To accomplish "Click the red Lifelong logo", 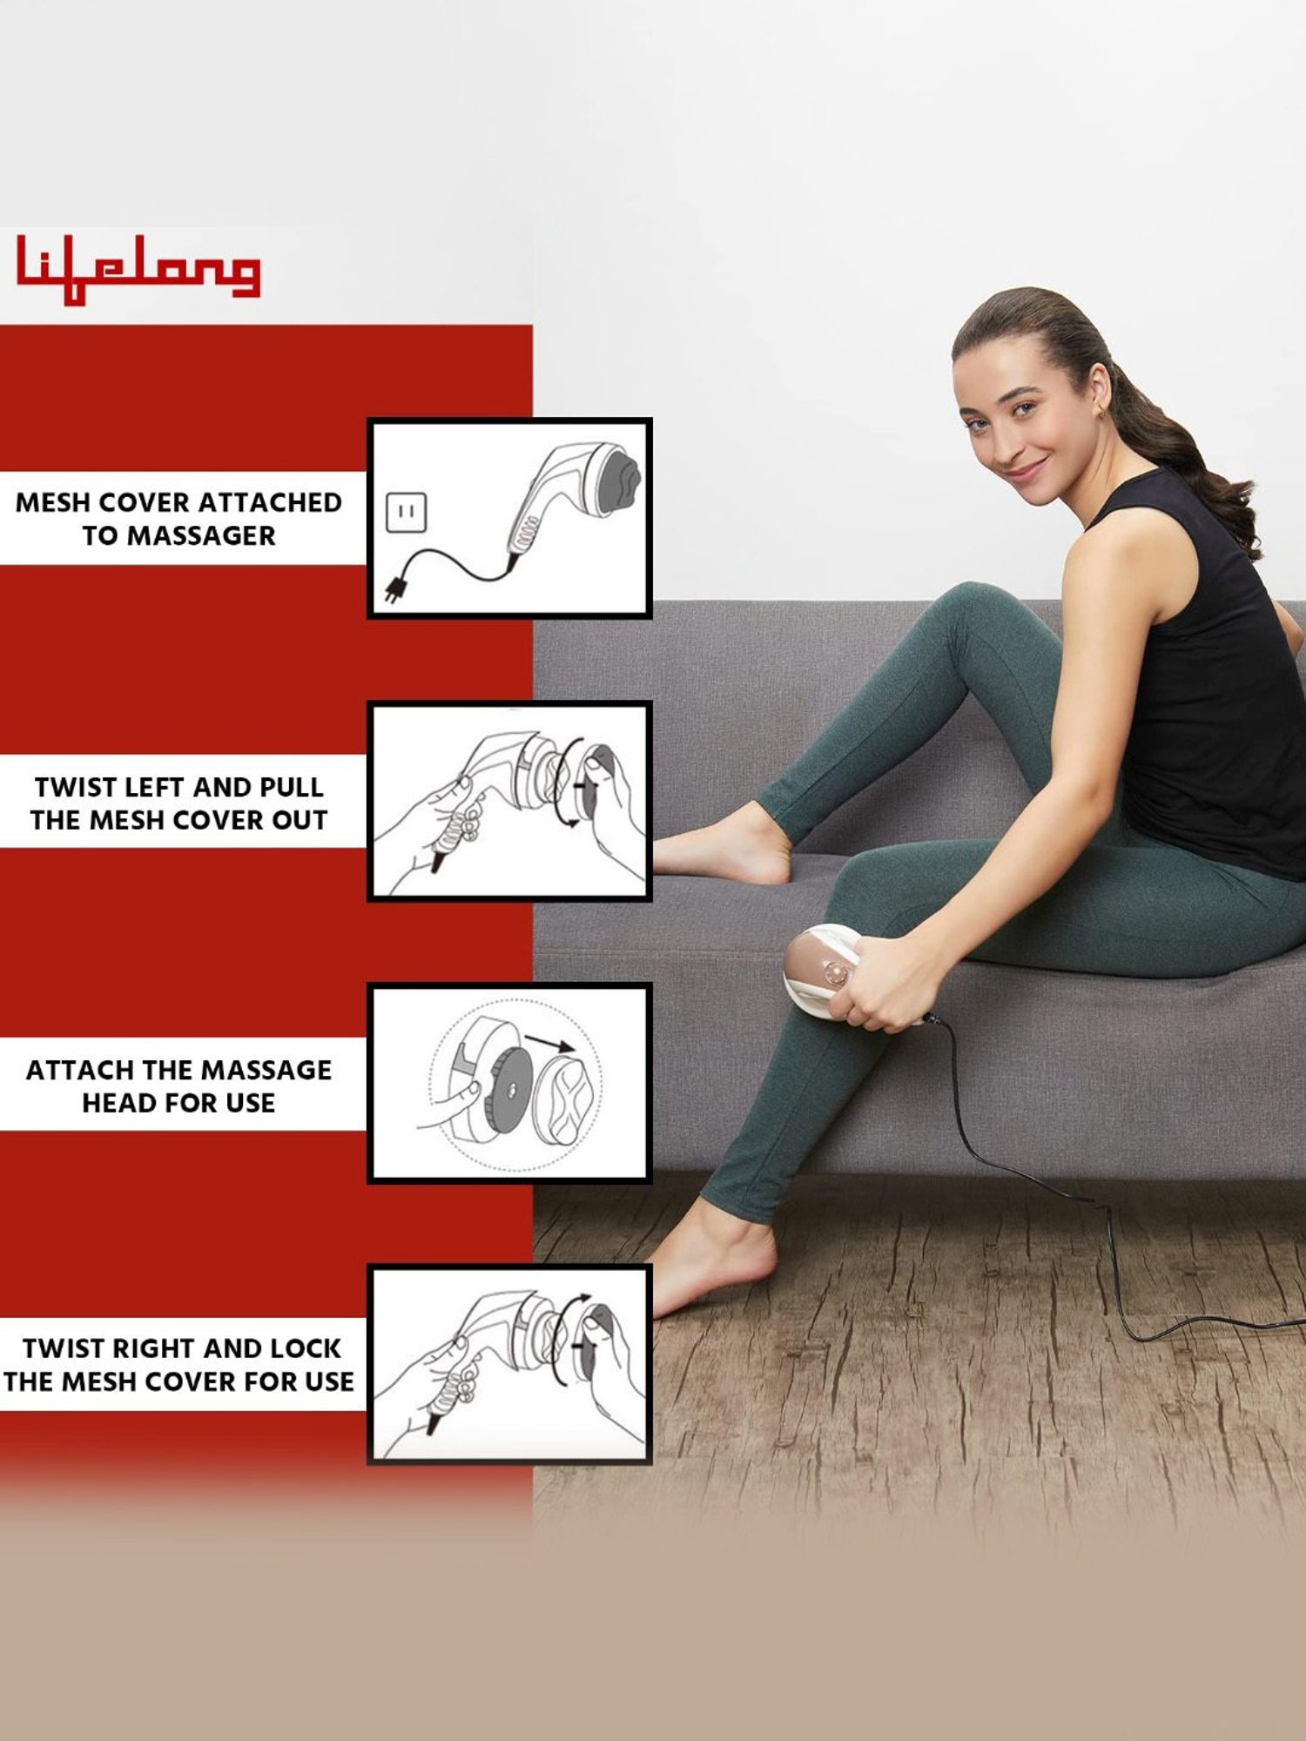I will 138,269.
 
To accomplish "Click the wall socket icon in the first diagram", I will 406,512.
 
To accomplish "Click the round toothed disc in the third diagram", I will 509,1088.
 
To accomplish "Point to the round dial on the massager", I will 836,972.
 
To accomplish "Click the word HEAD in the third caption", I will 115,1103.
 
